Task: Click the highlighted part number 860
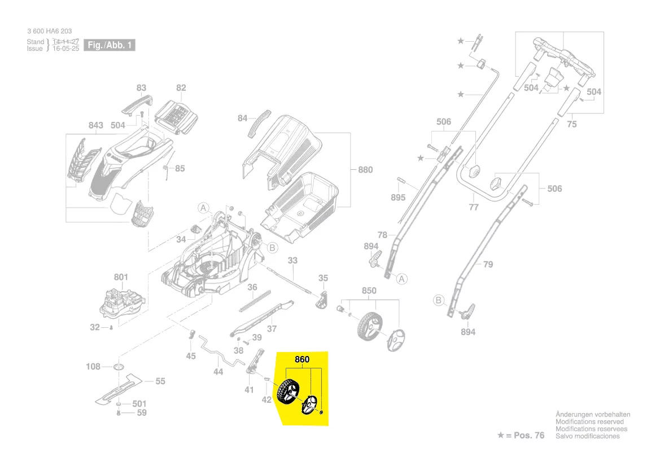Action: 302,359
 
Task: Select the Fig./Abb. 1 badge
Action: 110,45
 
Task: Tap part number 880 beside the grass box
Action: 365,169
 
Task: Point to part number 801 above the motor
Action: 121,277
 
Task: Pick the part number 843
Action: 96,125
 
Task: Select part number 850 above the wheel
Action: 369,291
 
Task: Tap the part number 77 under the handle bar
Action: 474,207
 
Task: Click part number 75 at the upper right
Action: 572,124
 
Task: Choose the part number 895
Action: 398,197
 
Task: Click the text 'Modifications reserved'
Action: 589,422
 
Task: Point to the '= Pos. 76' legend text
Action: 525,436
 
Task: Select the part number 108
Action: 93,367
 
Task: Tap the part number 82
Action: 181,88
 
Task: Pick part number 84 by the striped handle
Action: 242,118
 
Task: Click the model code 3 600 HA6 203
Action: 49,31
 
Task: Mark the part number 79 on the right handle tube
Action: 488,264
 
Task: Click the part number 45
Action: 191,356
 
